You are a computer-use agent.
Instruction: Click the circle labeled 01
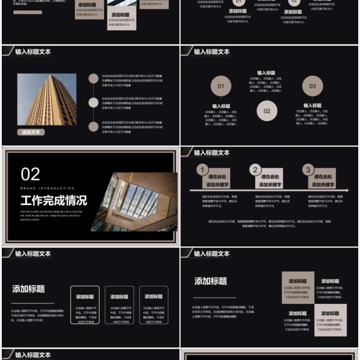220,86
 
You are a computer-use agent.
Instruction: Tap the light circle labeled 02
267,111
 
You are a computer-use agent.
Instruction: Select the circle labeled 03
312,86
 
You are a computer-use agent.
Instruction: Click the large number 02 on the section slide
31,174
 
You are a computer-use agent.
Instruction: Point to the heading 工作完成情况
54,200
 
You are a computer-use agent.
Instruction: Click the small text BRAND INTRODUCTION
47,188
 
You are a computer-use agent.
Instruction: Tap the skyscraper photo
47,99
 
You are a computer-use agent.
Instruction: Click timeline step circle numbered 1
202,170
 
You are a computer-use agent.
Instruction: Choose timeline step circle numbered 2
255,170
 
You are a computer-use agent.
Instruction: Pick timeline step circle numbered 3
308,170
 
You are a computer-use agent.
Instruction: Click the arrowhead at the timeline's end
346,190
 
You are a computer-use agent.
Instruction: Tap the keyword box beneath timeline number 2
270,180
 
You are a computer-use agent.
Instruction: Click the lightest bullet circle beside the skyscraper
94,103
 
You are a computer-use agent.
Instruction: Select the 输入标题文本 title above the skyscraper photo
33,52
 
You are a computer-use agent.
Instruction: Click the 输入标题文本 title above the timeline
211,153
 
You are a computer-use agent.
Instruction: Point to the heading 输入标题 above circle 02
266,73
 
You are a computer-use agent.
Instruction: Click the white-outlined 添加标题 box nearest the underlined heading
85,305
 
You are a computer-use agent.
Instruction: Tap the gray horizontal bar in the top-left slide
27,12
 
